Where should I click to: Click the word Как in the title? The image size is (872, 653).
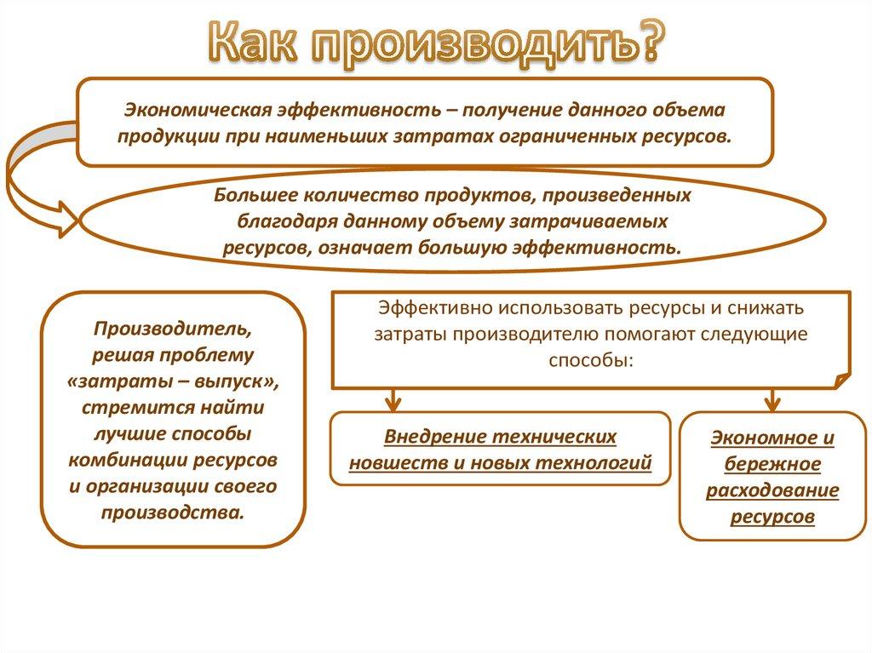(256, 43)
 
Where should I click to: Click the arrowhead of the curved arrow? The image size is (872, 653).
(67, 219)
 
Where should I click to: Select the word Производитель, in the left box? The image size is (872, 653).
(173, 328)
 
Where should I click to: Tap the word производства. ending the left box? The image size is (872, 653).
(173, 513)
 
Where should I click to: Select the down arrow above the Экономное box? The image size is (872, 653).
(772, 398)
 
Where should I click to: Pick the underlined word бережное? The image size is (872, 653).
(772, 465)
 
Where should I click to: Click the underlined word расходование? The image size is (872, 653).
(772, 491)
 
